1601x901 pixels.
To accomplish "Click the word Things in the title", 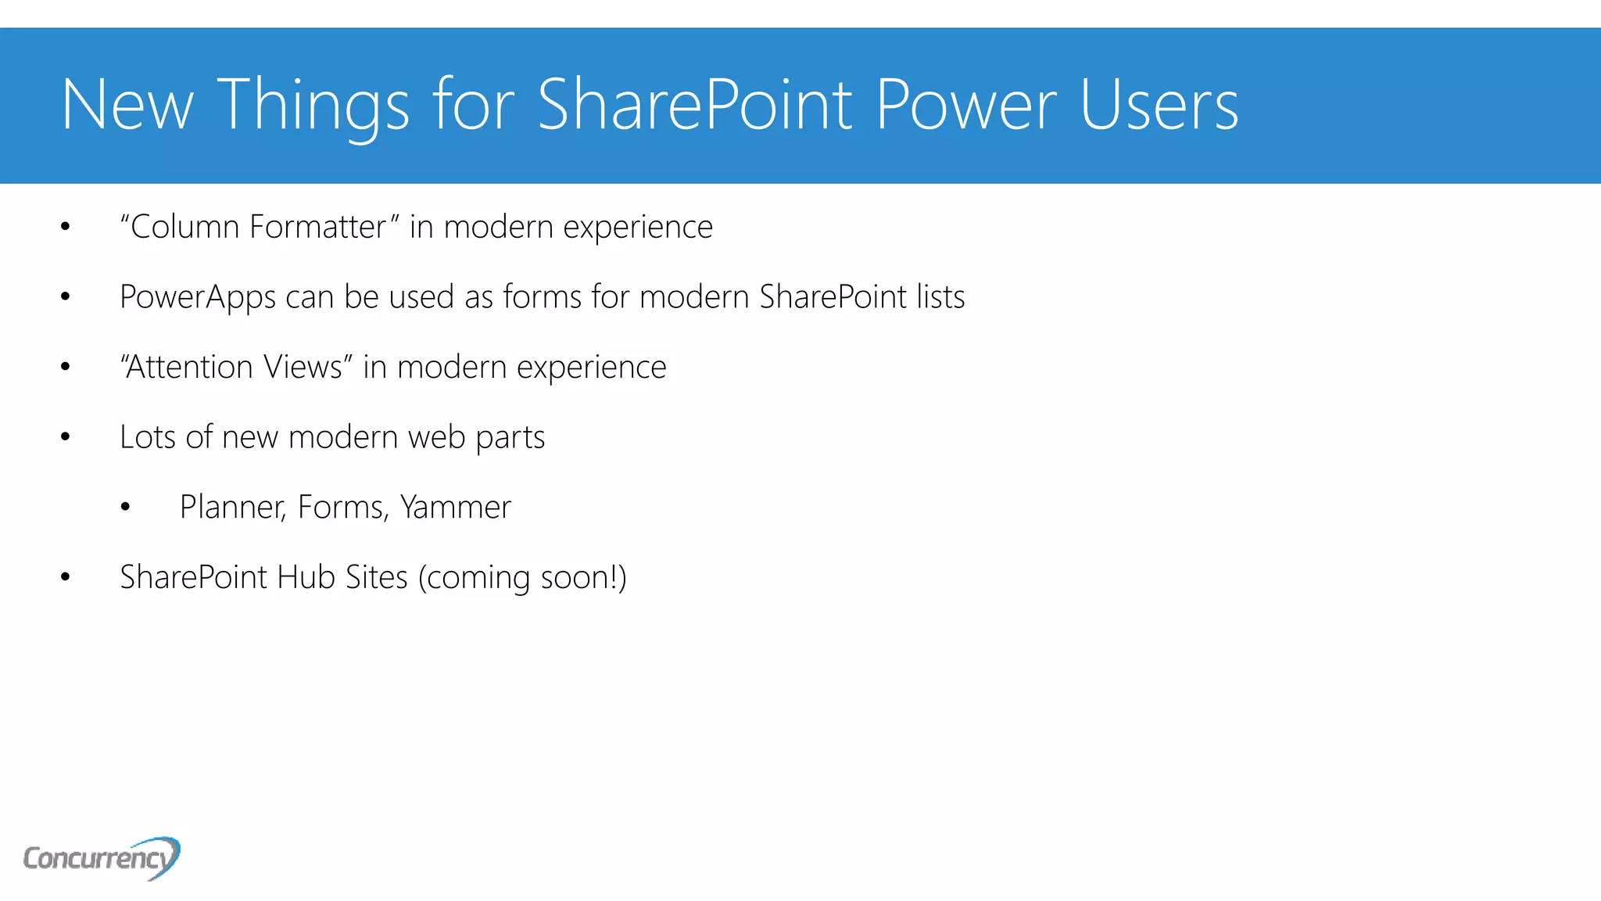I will pyautogui.click(x=313, y=105).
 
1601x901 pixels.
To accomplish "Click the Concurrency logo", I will pyautogui.click(x=102, y=858).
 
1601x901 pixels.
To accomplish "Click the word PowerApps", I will pyautogui.click(x=198, y=297).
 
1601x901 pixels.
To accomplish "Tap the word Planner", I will pyautogui.click(x=233, y=507).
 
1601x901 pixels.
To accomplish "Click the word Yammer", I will pyautogui.click(x=456, y=507).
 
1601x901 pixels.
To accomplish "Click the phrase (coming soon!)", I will pyautogui.click(x=522, y=577).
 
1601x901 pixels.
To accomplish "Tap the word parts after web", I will pyautogui.click(x=510, y=437).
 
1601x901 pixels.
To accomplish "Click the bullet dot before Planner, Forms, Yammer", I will pyautogui.click(x=125, y=508).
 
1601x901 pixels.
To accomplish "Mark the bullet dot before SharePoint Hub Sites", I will pyautogui.click(x=66, y=577).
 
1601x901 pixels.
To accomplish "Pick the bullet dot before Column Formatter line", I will pyautogui.click(x=66, y=228).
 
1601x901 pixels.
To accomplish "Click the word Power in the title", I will pyautogui.click(x=965, y=105).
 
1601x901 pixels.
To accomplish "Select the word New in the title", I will pyautogui.click(x=127, y=105).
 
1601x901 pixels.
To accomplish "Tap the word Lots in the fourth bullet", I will pyautogui.click(x=148, y=437).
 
